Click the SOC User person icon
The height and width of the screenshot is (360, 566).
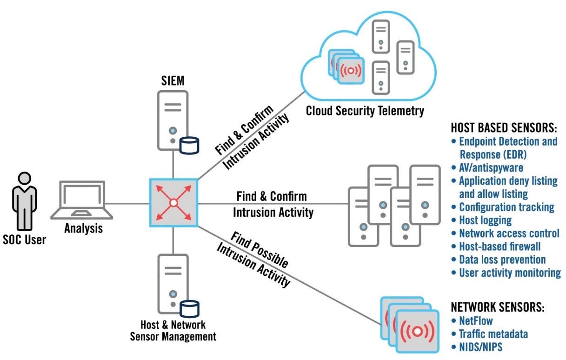point(24,200)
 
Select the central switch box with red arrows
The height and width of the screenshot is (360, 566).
point(173,203)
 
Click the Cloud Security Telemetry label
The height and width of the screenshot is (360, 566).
point(365,111)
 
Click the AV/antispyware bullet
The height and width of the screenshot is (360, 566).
point(488,167)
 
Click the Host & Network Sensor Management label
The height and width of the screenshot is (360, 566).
point(173,330)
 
